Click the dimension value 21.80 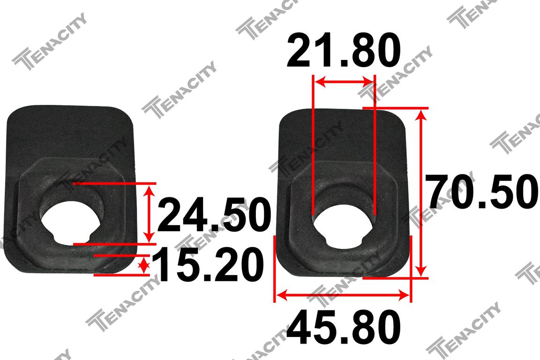(x=343, y=50)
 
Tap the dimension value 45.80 (x=343, y=327)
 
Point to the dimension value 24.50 (x=214, y=215)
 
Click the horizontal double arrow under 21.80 (x=344, y=82)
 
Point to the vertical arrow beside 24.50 (x=149, y=214)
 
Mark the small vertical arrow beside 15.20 (x=144, y=265)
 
